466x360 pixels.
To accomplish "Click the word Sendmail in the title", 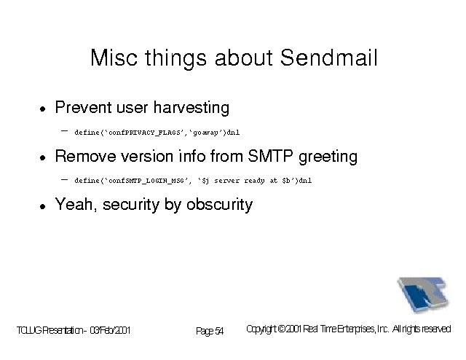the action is click(328, 58).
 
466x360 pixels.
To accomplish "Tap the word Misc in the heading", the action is click(114, 58).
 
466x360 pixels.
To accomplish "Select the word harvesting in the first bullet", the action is click(191, 108).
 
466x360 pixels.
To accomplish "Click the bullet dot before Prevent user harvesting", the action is click(43, 109).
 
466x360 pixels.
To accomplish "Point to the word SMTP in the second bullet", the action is click(270, 156).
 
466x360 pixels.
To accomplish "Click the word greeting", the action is click(328, 157).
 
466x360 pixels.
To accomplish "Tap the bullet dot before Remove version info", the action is click(43, 157).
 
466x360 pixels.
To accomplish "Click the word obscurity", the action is click(219, 205).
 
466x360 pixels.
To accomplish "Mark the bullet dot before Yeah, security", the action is click(43, 206).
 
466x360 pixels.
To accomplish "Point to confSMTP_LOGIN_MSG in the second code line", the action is click(146, 181).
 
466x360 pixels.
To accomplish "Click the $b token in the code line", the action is click(286, 180).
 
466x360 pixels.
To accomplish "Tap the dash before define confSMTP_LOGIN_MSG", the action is click(64, 179).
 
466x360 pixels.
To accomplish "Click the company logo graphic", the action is click(422, 294).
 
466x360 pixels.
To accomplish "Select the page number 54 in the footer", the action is click(219, 331).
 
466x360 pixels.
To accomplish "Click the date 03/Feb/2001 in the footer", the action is click(110, 330).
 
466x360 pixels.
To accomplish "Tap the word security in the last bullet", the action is click(131, 206).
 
